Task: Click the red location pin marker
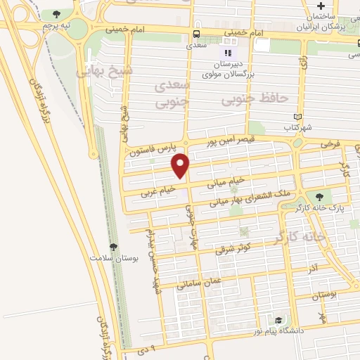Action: [x=181, y=165]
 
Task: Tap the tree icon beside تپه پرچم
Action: [x=56, y=14]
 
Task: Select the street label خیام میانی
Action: [x=226, y=181]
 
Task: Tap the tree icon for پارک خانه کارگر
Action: [x=320, y=198]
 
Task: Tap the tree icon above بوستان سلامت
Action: [x=112, y=246]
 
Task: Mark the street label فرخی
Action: [x=330, y=143]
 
